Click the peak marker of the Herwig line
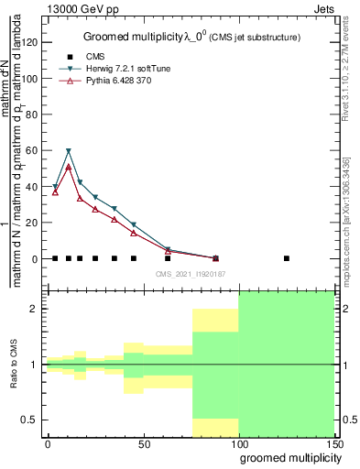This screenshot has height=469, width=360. pos(69,150)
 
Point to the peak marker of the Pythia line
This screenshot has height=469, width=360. pos(69,167)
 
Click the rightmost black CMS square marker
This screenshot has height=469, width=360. pos(287,258)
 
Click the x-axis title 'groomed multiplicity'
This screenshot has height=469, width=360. pos(286,459)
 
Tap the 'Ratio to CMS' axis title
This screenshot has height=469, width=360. pos(16,365)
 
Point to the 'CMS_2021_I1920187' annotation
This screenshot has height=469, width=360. pos(191,273)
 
